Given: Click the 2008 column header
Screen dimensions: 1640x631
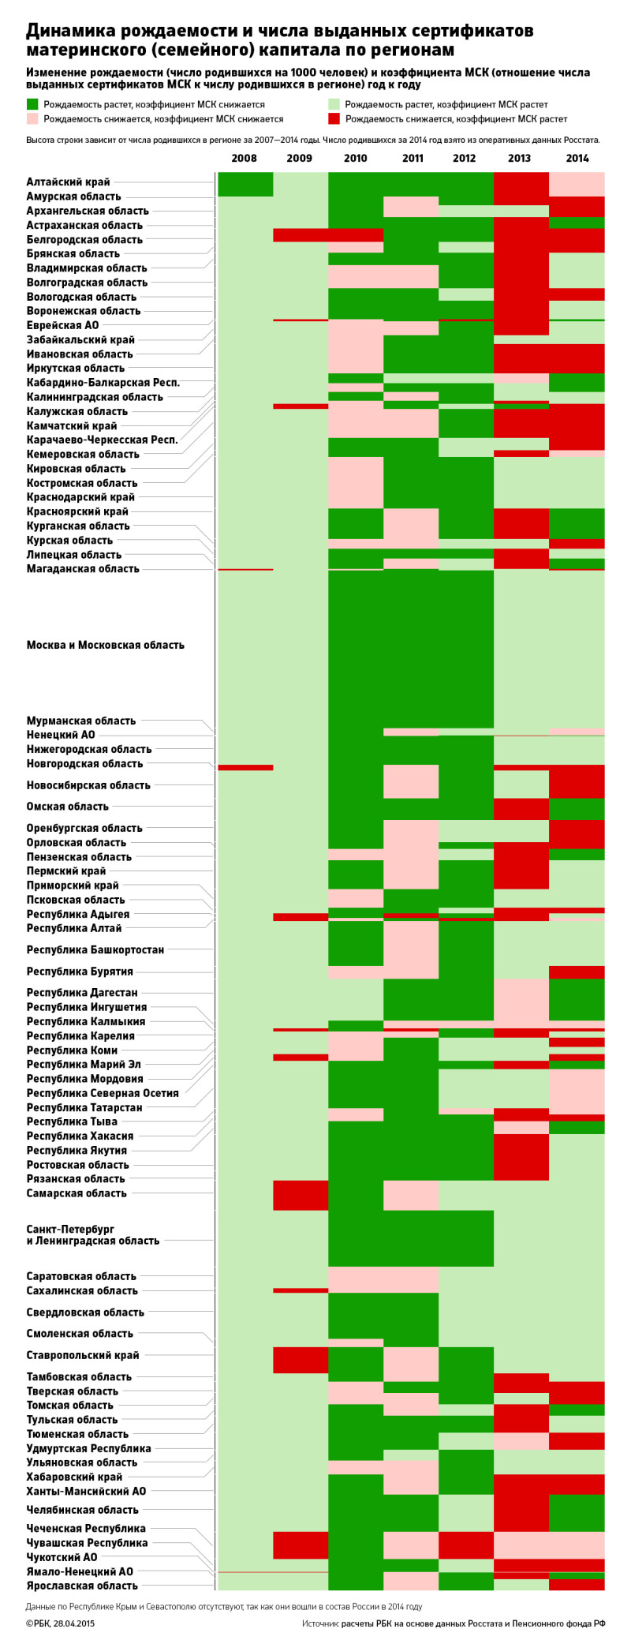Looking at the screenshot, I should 244,158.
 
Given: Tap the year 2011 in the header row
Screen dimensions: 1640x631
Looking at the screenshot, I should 413,158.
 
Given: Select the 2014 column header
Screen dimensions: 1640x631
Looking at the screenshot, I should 577,158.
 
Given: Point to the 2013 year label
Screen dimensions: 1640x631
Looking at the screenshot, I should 519,158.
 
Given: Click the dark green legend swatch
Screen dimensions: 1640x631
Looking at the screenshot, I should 32,104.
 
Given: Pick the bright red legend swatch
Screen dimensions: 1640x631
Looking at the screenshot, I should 334,119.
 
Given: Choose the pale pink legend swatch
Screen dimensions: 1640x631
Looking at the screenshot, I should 32,119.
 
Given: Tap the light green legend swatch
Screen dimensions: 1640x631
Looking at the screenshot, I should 334,104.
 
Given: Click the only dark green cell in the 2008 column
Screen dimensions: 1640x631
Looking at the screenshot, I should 245,184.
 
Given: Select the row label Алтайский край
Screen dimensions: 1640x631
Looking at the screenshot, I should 69,182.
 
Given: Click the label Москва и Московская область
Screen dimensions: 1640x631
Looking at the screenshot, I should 106,645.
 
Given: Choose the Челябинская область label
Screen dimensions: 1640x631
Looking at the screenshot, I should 83,1510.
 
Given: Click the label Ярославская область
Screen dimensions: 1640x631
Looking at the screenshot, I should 82,1586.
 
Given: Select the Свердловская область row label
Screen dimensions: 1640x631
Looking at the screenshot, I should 85,1312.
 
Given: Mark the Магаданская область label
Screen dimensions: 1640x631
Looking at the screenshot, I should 83,569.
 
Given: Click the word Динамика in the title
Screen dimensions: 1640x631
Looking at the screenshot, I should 72,31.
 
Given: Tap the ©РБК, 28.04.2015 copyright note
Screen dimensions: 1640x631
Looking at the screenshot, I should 60,1623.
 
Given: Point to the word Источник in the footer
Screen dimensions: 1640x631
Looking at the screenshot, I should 320,1623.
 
